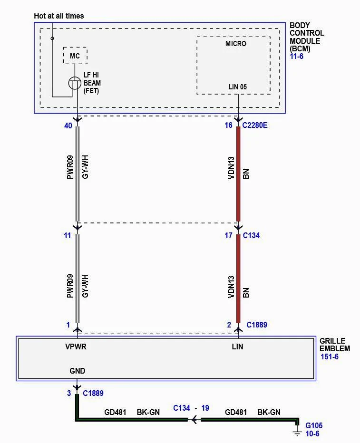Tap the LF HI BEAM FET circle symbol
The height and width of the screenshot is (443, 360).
(x=75, y=83)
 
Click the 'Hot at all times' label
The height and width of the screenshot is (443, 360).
(x=59, y=16)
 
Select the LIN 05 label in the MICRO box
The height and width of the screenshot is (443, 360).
(x=238, y=87)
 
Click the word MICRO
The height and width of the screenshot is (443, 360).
(x=236, y=44)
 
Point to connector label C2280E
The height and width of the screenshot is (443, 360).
(x=255, y=125)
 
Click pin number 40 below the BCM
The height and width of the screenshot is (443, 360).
(x=68, y=126)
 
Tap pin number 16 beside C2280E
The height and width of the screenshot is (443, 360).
(x=228, y=125)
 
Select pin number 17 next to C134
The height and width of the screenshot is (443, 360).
(x=228, y=235)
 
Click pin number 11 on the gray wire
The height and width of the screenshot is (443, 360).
(x=67, y=235)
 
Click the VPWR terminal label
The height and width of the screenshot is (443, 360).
(x=76, y=347)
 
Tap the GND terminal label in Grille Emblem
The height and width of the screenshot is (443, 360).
(x=77, y=371)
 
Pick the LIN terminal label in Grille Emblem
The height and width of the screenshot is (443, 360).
(x=237, y=347)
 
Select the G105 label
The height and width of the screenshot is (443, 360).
(x=314, y=425)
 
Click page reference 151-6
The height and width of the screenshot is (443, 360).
(x=330, y=356)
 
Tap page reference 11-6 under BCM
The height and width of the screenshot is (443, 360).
(x=296, y=56)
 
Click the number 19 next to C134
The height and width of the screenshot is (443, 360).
(x=205, y=408)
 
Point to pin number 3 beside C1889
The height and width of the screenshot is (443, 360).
(x=69, y=393)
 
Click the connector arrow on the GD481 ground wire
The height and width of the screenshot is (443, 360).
(x=195, y=420)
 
